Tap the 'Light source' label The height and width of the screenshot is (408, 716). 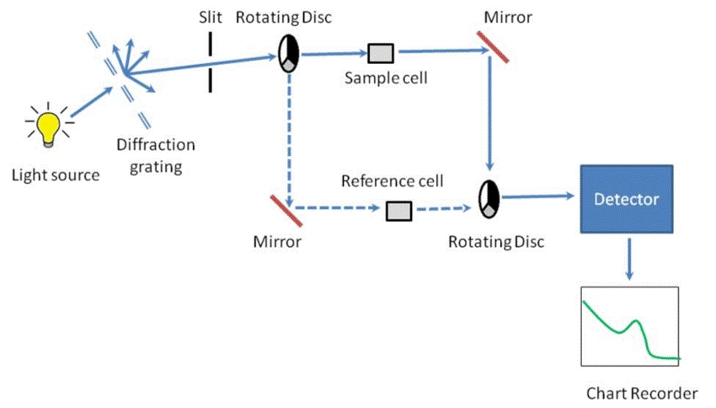[x=56, y=175]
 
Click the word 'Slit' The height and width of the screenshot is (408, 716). [x=211, y=16]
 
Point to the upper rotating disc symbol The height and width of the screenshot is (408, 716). [x=288, y=55]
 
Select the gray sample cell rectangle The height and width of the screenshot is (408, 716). [x=381, y=54]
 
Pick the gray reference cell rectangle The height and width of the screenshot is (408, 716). [x=398, y=210]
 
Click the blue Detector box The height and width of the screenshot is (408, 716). [x=625, y=200]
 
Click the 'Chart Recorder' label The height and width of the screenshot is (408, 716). [x=642, y=393]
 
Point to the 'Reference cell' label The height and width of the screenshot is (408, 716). [x=392, y=182]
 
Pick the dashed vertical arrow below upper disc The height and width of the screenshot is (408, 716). [x=289, y=135]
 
